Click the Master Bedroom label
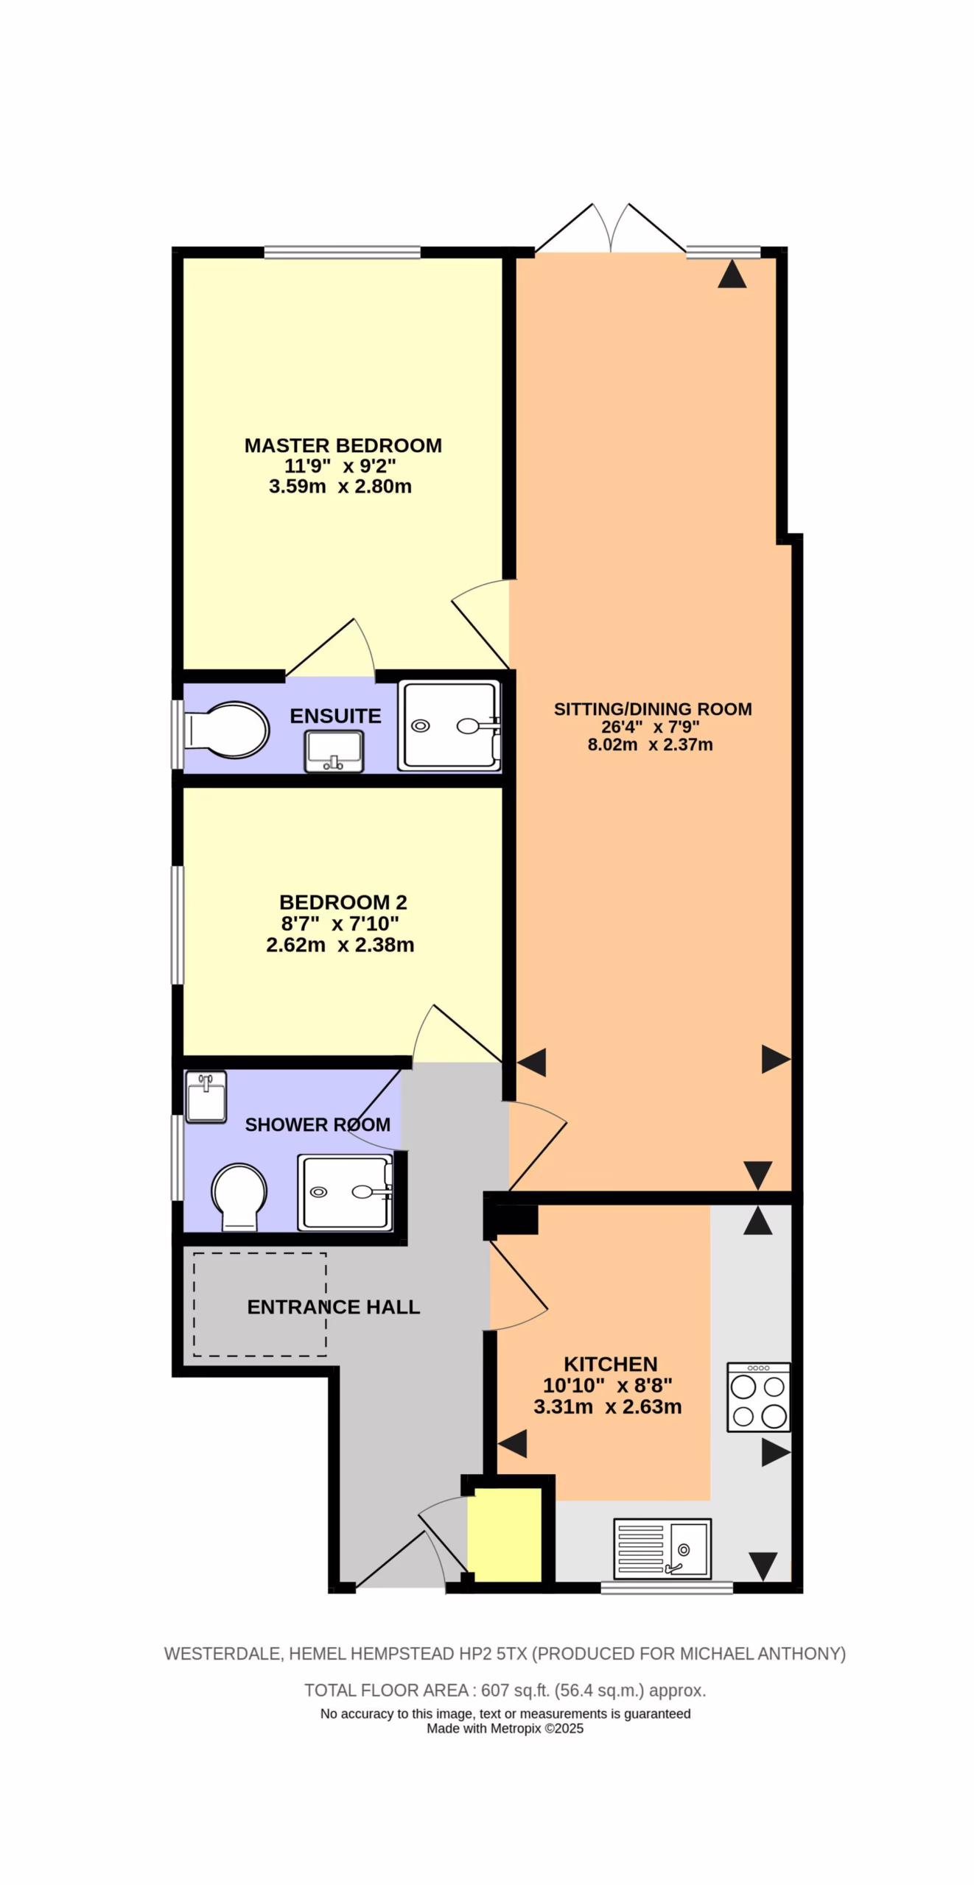(343, 445)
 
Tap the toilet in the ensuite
(226, 730)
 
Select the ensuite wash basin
(334, 751)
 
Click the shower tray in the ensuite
(449, 726)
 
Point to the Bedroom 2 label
(343, 902)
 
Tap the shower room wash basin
(206, 1096)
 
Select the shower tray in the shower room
(345, 1192)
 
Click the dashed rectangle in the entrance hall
(260, 1304)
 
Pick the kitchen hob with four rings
(758, 1397)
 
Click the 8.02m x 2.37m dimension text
(650, 744)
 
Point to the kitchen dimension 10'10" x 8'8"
(608, 1386)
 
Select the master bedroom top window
(343, 253)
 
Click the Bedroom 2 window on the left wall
(178, 925)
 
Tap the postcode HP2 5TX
(494, 1654)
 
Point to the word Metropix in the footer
(516, 1729)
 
